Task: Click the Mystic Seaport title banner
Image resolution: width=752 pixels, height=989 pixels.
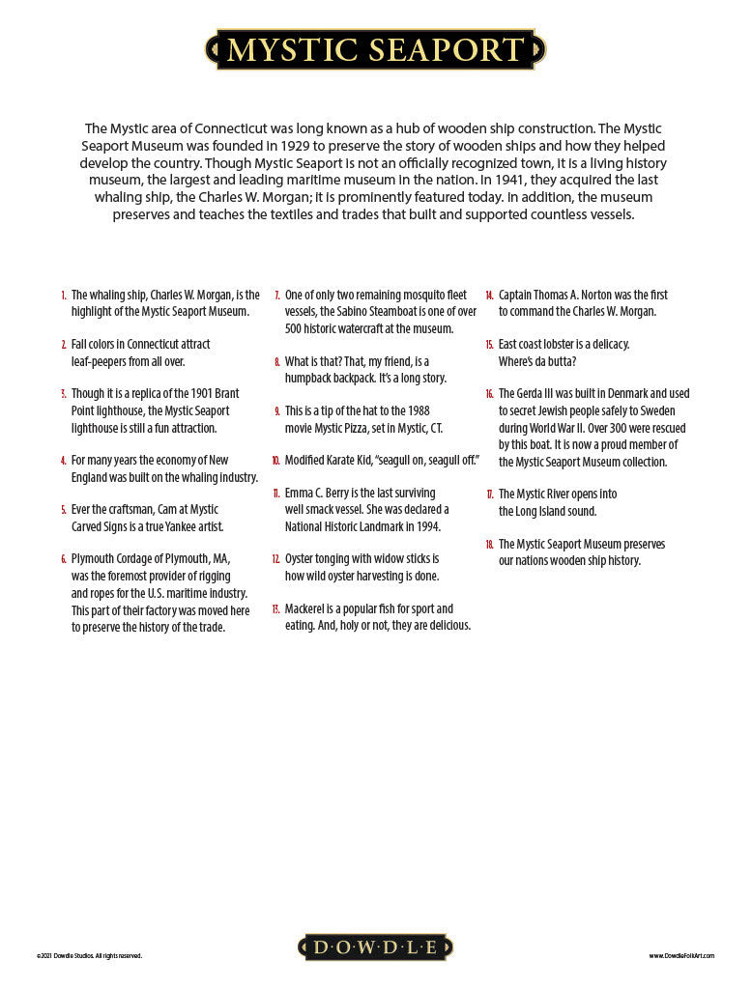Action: (x=375, y=49)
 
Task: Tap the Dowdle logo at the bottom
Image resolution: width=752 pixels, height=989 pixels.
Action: (x=375, y=947)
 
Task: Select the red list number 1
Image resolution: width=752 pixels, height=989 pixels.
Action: (x=64, y=296)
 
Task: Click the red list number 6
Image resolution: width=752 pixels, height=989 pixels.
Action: (x=64, y=559)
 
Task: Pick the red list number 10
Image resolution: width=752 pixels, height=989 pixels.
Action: (x=275, y=461)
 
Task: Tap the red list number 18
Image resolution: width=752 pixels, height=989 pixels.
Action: (x=489, y=545)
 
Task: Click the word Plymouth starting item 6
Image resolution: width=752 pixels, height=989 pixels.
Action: (x=94, y=559)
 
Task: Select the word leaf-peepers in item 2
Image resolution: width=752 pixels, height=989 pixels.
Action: (x=102, y=361)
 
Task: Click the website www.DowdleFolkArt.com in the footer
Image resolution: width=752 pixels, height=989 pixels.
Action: (x=681, y=956)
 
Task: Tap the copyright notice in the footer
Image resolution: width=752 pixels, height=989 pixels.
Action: (x=89, y=956)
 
